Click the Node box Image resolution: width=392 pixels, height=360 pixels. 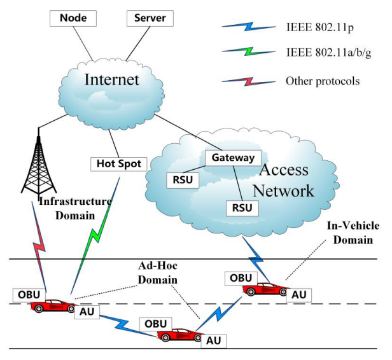pyautogui.click(x=73, y=18)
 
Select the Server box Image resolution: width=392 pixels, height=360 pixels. pyautogui.click(x=150, y=18)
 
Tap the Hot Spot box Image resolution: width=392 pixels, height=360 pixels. pyautogui.click(x=119, y=164)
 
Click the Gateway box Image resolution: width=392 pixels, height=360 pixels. pyautogui.click(x=234, y=158)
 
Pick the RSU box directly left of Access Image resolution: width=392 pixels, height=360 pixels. pyautogui.click(x=183, y=180)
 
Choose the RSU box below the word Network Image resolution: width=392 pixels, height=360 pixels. pyautogui.click(x=242, y=208)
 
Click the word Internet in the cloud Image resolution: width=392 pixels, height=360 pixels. pyautogui.click(x=112, y=80)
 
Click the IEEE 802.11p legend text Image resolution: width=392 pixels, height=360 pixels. pyautogui.click(x=320, y=27)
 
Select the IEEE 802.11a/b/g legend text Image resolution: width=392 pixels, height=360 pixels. pyautogui.click(x=329, y=53)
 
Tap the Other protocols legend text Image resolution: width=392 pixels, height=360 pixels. pyautogui.click(x=323, y=81)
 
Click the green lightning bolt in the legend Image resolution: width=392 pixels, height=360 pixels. pyautogui.click(x=249, y=52)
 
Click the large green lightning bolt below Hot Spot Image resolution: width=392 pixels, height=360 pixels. pyautogui.click(x=95, y=235)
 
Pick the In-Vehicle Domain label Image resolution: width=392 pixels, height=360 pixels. pyautogui.click(x=353, y=233)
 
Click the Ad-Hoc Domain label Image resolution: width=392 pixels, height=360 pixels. pyautogui.click(x=158, y=273)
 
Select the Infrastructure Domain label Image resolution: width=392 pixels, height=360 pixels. pyautogui.click(x=75, y=209)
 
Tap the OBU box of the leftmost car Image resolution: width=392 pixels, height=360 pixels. pyautogui.click(x=29, y=294)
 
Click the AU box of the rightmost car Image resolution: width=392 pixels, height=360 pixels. pyautogui.click(x=299, y=295)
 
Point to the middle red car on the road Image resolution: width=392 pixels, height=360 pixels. pyautogui.click(x=180, y=335)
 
